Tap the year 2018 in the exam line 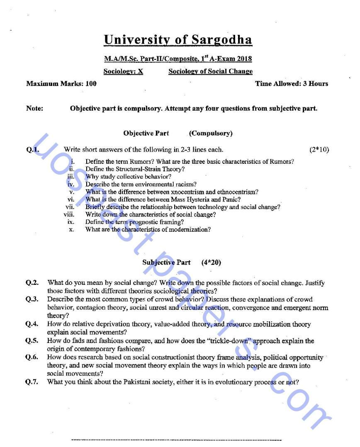pyautogui.click(x=244, y=59)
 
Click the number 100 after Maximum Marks pyautogui.click(x=90, y=83)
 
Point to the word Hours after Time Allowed pyautogui.click(x=318, y=83)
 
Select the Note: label pyautogui.click(x=34, y=109)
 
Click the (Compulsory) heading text pyautogui.click(x=211, y=133)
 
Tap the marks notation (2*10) pyautogui.click(x=319, y=150)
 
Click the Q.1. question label pyautogui.click(x=32, y=150)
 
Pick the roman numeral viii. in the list pyautogui.click(x=69, y=214)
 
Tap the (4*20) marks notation pyautogui.click(x=211, y=262)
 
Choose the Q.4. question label pyautogui.click(x=32, y=324)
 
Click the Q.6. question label pyautogui.click(x=32, y=357)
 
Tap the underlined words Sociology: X pyautogui.click(x=123, y=71)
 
